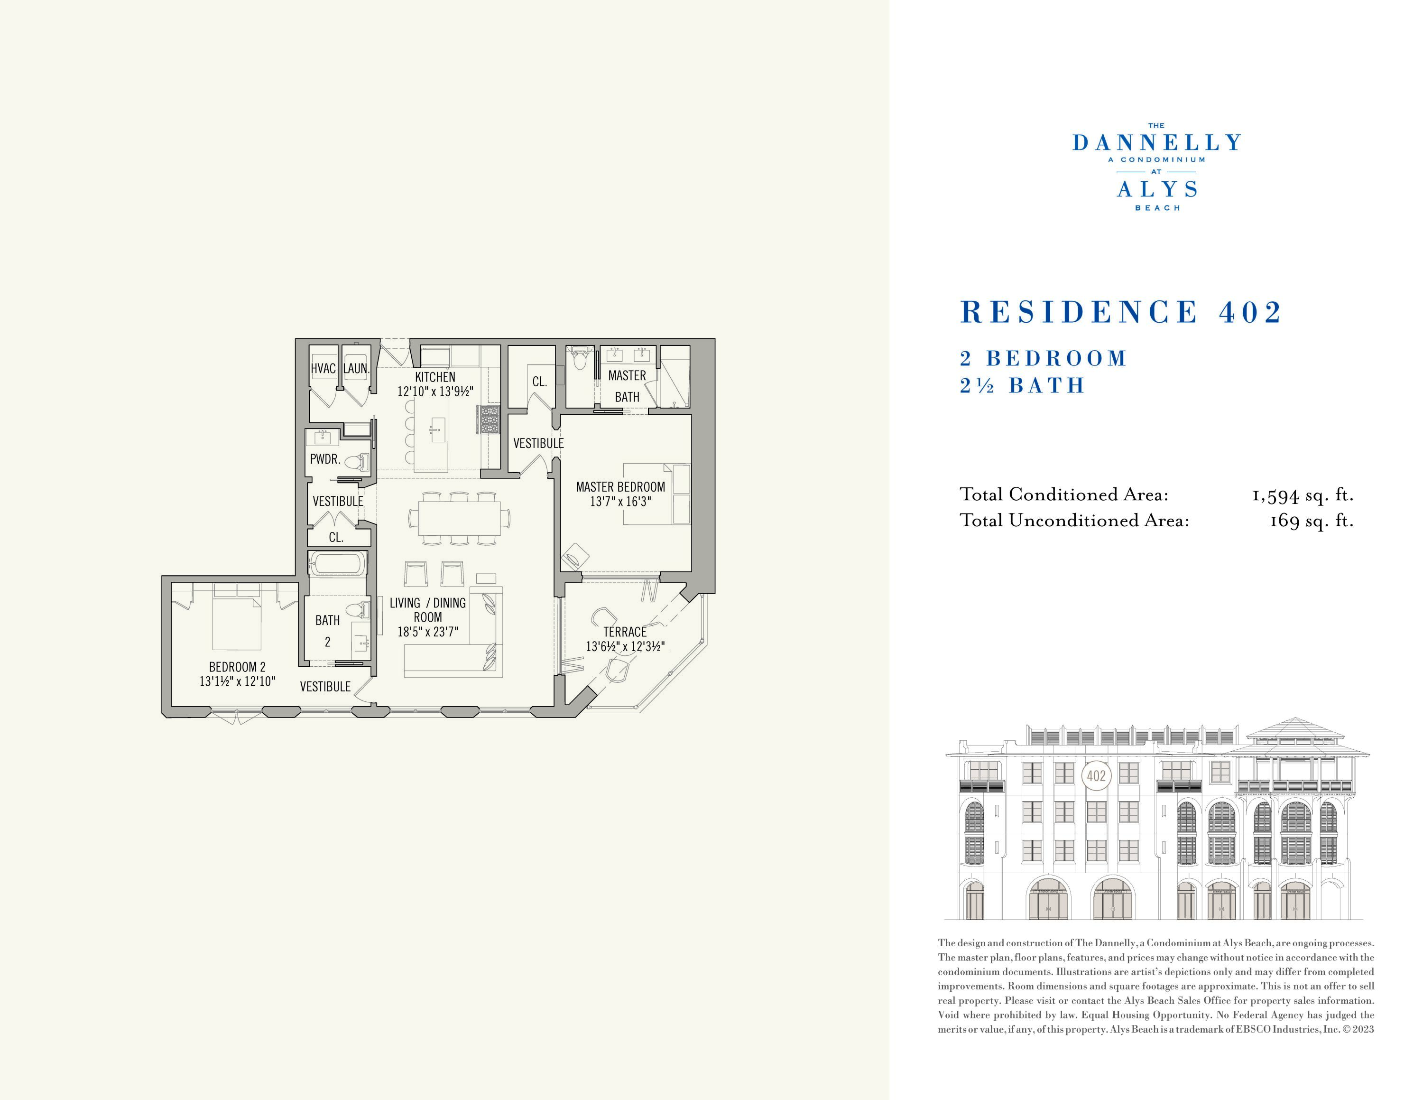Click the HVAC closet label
click(x=323, y=369)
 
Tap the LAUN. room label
click(x=356, y=369)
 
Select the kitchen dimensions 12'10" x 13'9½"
click(x=435, y=392)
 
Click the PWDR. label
click(x=325, y=459)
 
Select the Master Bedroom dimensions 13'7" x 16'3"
click(x=620, y=502)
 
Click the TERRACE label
click(x=625, y=632)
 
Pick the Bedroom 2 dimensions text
click(x=237, y=681)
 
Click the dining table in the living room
click(x=459, y=519)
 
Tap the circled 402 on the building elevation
click(x=1096, y=775)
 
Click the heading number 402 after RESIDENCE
click(x=1250, y=312)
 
